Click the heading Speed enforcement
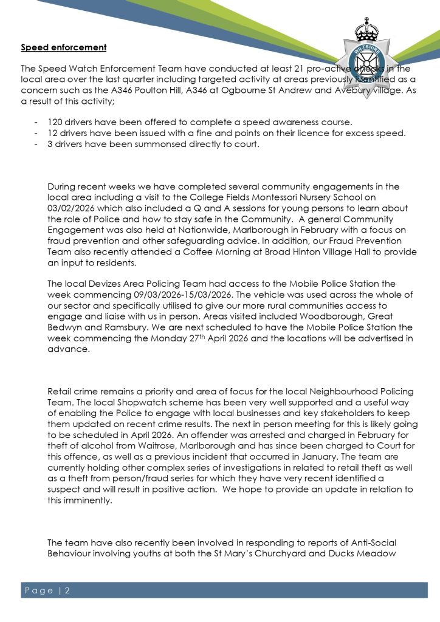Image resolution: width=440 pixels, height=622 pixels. point(64,47)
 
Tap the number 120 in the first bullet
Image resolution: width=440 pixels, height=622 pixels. point(55,122)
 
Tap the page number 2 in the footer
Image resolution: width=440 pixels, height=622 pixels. point(68,590)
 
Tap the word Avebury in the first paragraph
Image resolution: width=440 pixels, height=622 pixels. point(342,91)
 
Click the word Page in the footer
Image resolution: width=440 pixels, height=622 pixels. point(40,590)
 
